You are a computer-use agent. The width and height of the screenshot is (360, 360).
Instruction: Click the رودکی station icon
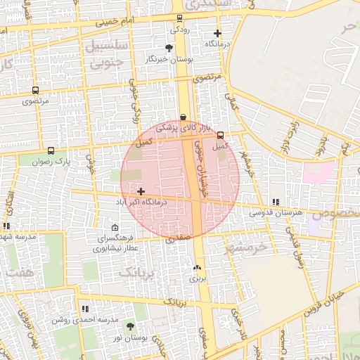(x=179, y=18)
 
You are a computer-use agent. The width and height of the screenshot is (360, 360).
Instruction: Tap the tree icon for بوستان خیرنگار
(x=168, y=48)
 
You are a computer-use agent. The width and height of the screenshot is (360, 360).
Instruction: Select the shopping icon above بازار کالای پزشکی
(x=184, y=117)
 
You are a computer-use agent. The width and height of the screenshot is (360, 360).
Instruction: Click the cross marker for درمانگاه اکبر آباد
(x=141, y=191)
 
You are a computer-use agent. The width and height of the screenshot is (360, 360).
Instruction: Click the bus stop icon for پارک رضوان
(x=51, y=150)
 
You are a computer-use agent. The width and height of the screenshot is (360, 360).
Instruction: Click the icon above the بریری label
(x=197, y=268)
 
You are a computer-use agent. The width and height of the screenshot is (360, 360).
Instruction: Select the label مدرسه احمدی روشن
(x=84, y=319)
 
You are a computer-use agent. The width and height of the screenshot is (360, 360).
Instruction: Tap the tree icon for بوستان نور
(x=130, y=326)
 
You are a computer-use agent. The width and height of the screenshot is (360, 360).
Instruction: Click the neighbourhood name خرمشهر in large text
(x=247, y=248)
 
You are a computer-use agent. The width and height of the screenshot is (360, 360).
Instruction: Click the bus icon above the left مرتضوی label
(x=35, y=91)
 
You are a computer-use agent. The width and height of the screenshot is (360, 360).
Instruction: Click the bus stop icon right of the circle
(x=221, y=135)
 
